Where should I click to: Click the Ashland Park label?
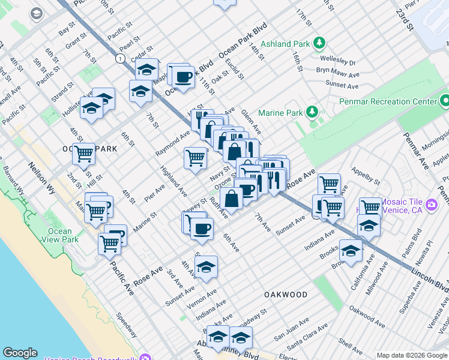292,44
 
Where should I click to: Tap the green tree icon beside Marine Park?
312,112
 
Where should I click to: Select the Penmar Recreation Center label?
388,101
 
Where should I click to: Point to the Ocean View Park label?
60,235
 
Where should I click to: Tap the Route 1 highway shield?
121,58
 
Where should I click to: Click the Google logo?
20,353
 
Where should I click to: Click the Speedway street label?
127,325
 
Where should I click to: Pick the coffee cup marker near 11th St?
184,77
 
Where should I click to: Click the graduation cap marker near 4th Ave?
206,266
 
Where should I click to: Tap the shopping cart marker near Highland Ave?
195,158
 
